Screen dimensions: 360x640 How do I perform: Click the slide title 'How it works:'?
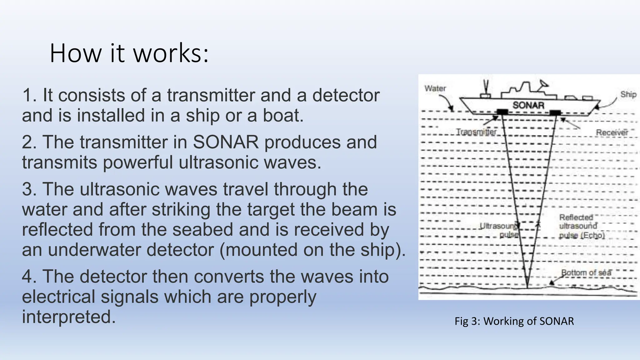coord(129,53)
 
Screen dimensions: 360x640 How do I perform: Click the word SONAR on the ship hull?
coord(528,105)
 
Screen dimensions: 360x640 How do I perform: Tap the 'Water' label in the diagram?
coord(435,88)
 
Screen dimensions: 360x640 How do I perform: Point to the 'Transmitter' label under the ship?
coord(476,132)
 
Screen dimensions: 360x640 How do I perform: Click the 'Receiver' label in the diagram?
coord(612,132)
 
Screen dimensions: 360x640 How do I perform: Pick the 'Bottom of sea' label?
coord(586,272)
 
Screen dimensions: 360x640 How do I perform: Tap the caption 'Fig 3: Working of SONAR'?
coord(514,321)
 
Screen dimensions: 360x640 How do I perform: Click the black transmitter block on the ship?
coord(502,112)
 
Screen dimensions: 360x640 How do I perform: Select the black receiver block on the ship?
coord(556,112)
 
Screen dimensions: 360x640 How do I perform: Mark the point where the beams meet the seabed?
coord(527,287)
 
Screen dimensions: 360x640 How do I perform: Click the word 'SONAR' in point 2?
coord(226,142)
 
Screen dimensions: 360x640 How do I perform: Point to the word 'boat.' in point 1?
coord(283,116)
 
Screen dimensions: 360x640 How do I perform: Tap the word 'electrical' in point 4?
coord(58,297)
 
